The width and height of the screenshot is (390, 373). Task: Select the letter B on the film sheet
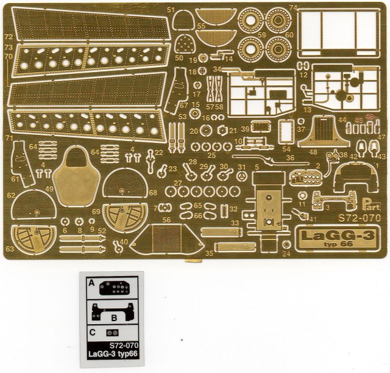[114, 317]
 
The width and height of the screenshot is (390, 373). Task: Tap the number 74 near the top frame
[292, 7]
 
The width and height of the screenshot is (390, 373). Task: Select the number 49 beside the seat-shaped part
[48, 190]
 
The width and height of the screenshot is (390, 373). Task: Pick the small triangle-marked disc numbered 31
[242, 176]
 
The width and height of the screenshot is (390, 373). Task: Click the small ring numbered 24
[286, 245]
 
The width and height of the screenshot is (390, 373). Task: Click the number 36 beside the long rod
[290, 158]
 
